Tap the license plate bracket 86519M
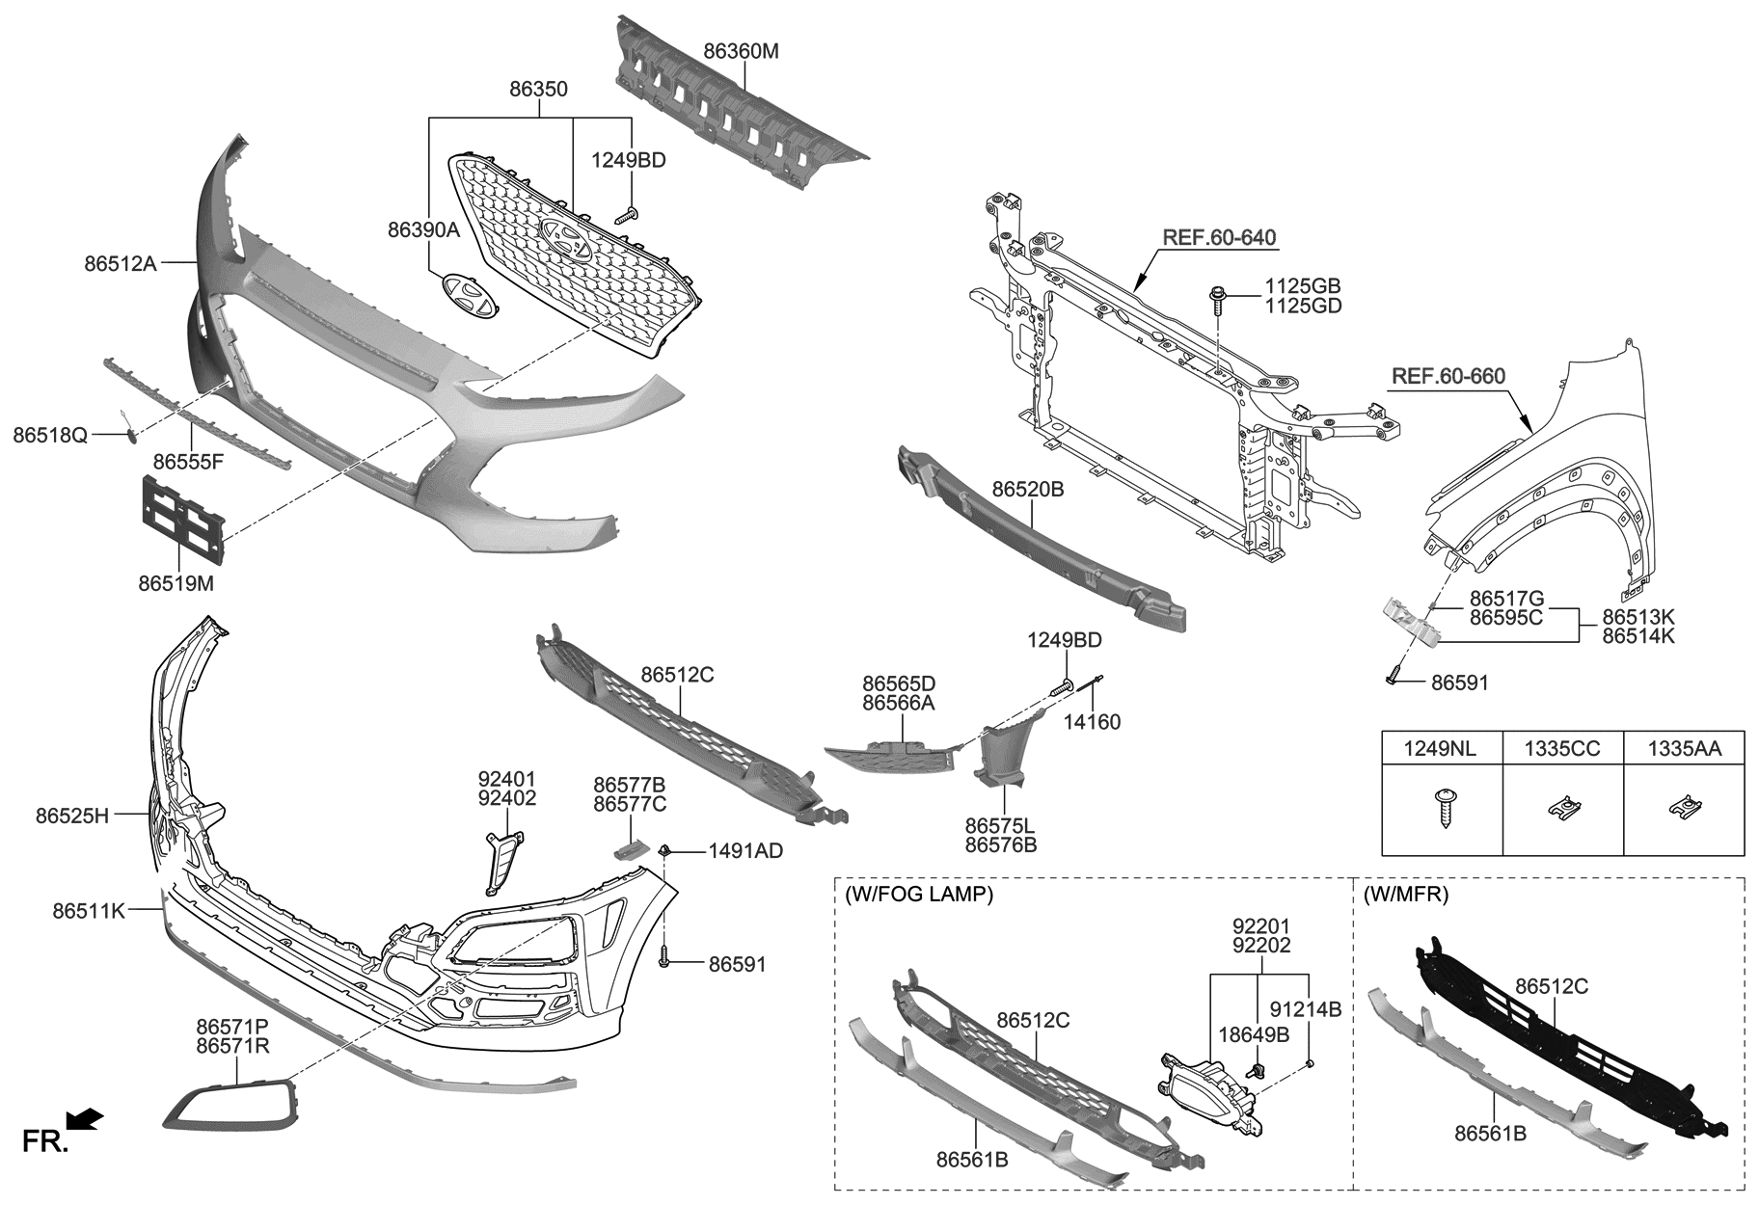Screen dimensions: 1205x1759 click(x=182, y=520)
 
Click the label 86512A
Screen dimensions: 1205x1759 click(x=120, y=261)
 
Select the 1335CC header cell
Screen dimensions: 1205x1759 click(x=1562, y=747)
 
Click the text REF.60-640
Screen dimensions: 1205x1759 click(x=1219, y=237)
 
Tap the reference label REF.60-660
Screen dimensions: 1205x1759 click(x=1448, y=376)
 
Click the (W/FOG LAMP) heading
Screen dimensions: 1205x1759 click(x=918, y=894)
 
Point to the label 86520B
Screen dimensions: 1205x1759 click(x=1027, y=490)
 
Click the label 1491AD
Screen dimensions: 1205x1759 click(x=745, y=851)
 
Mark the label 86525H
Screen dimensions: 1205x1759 click(x=72, y=816)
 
